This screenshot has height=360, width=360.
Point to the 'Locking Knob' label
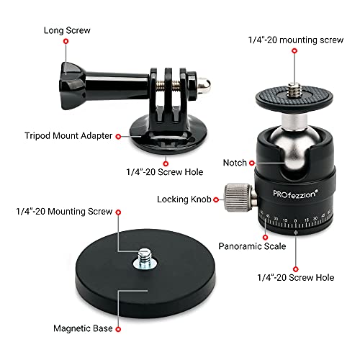[x=182, y=198]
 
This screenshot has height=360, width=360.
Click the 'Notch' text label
[x=235, y=163]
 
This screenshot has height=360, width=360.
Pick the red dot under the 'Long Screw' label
[x=66, y=42]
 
